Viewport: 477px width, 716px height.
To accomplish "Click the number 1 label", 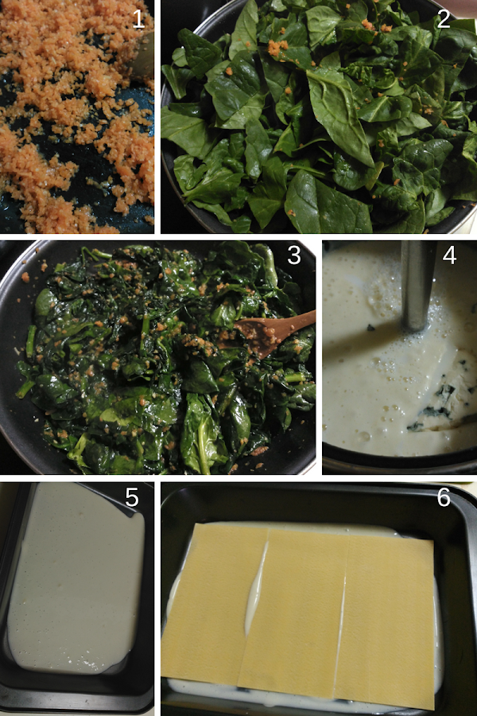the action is [x=139, y=19].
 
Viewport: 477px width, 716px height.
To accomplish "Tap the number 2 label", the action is [x=444, y=19].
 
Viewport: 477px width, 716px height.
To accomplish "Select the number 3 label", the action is [x=294, y=255].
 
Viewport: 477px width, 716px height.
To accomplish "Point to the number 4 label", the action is [x=449, y=255].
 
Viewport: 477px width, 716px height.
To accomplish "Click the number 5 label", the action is [x=131, y=497].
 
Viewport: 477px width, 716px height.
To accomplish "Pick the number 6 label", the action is [x=444, y=497].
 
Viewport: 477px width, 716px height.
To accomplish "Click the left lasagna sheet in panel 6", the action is [x=215, y=603].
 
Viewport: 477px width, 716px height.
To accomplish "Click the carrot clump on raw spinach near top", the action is [x=277, y=48].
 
